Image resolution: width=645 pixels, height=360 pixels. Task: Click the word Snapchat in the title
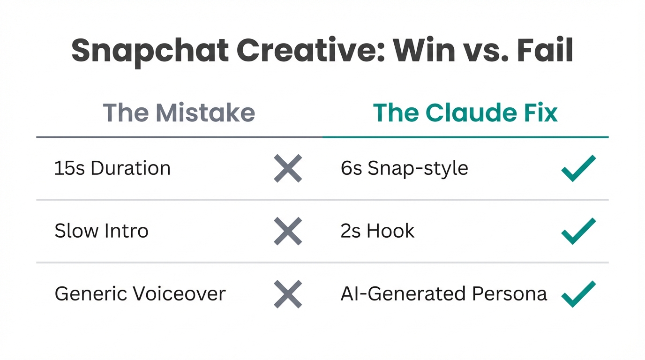(x=150, y=51)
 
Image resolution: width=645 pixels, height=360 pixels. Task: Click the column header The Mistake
(x=179, y=113)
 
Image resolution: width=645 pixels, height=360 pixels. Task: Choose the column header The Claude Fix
(x=465, y=113)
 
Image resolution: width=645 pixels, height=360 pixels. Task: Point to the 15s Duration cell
(x=112, y=168)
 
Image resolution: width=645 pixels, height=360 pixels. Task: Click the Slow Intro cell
(x=101, y=231)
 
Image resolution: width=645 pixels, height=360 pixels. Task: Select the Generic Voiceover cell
(x=140, y=294)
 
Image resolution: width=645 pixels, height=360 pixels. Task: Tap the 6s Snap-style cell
(x=404, y=168)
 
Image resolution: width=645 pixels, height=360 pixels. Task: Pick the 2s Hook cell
(x=377, y=231)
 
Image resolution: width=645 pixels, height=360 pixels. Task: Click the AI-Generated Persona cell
(x=443, y=294)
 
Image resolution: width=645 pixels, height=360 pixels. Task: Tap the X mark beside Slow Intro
(x=288, y=231)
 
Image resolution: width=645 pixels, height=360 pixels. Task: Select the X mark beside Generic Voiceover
(x=288, y=294)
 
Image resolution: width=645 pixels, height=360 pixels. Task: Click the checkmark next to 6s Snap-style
(x=578, y=168)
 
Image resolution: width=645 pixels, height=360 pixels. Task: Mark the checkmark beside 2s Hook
(x=578, y=231)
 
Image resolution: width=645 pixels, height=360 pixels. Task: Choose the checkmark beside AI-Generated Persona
(x=578, y=293)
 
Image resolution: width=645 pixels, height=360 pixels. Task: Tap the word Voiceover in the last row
(x=179, y=294)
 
